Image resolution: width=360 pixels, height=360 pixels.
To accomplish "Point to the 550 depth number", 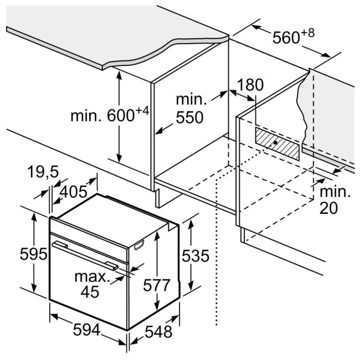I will tap(189, 117).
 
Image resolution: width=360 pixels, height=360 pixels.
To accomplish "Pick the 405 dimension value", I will tap(73, 192).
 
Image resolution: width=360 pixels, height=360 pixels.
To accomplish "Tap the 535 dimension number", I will tap(195, 255).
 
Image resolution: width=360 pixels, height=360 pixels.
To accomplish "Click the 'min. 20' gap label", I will tap(335, 200).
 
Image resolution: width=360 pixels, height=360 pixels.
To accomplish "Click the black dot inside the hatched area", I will tap(275, 142).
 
